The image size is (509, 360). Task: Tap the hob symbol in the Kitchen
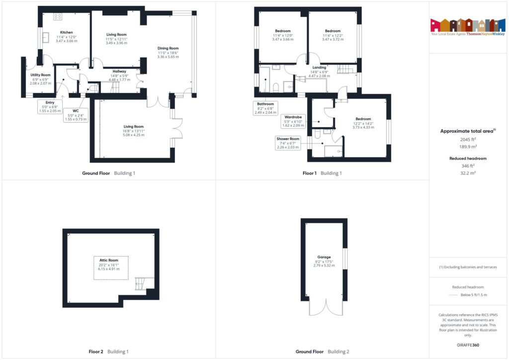point(58,16)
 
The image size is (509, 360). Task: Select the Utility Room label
point(40,75)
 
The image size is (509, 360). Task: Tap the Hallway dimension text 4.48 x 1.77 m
point(118,80)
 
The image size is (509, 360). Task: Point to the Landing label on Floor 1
point(319,68)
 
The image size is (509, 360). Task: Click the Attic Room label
point(111,261)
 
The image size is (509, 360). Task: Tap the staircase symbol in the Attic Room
point(141,284)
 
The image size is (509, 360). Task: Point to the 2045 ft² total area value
point(468,140)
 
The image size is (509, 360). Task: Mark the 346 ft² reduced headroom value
point(468,166)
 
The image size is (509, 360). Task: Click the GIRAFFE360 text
point(468,345)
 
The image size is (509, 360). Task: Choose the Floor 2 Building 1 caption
point(108,352)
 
